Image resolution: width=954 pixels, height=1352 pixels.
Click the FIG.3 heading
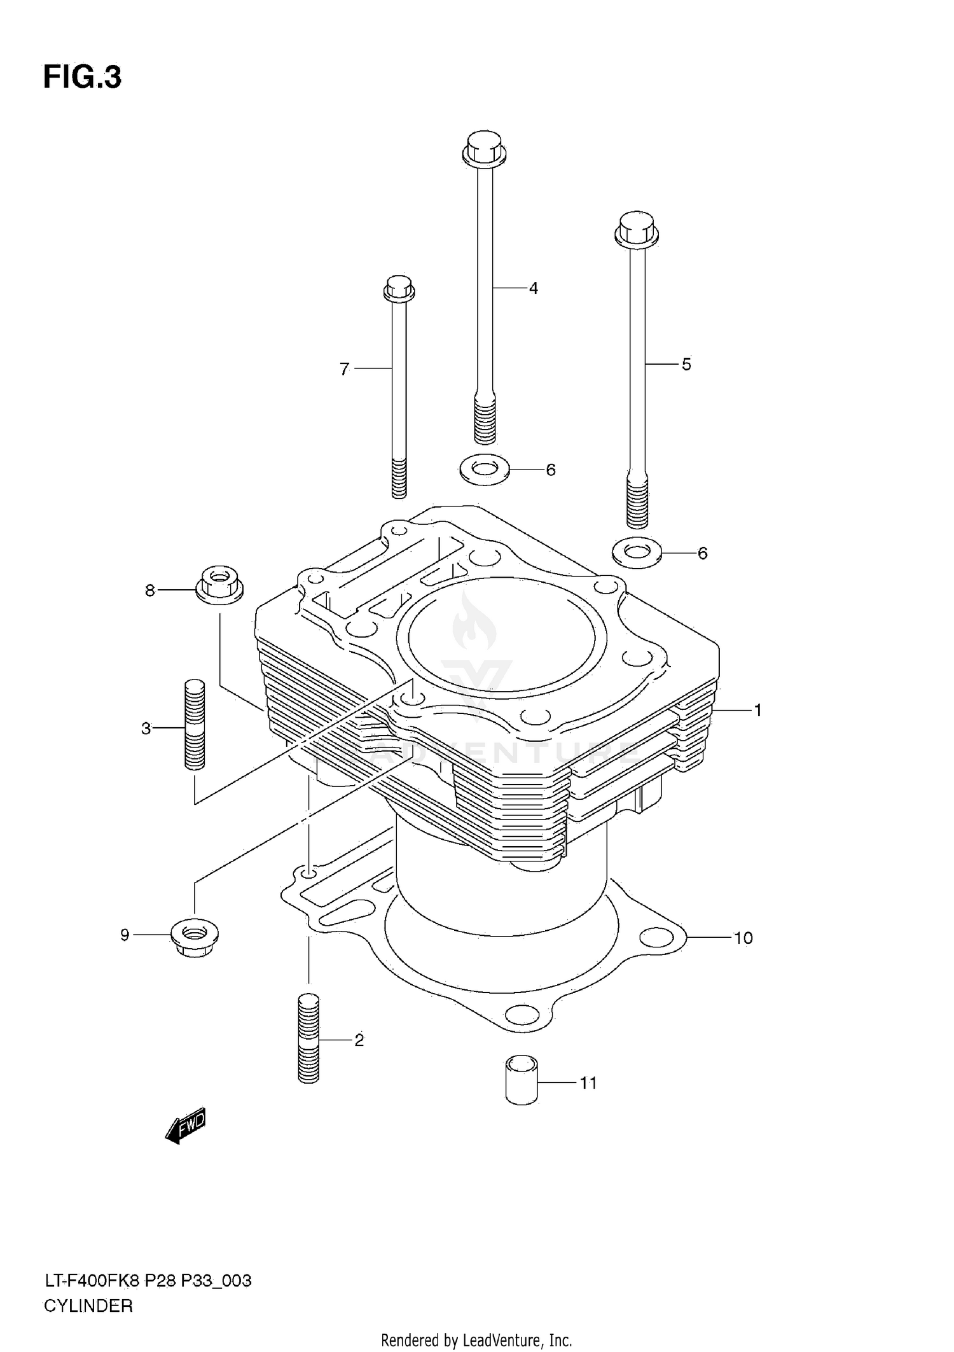(x=82, y=78)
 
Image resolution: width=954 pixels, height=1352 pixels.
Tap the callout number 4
(x=533, y=289)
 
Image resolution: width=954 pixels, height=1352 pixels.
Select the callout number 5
(x=686, y=365)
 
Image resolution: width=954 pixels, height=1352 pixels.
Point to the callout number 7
(x=344, y=369)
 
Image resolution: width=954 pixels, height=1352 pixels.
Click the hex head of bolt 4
(x=484, y=148)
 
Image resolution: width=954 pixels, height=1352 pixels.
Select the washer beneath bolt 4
(x=485, y=470)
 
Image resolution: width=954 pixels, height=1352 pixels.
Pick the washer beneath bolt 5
(x=637, y=552)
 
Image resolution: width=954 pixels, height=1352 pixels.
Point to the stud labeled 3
(x=195, y=724)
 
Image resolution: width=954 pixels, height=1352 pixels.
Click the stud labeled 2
(x=308, y=1038)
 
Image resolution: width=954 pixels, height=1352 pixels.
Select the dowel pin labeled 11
(x=522, y=1080)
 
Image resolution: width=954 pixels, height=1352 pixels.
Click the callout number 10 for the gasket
(x=743, y=938)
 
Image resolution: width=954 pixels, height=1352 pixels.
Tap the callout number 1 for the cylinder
(x=757, y=710)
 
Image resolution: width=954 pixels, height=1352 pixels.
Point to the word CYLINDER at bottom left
(x=88, y=1306)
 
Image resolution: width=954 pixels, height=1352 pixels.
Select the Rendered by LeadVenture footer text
(x=476, y=1341)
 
